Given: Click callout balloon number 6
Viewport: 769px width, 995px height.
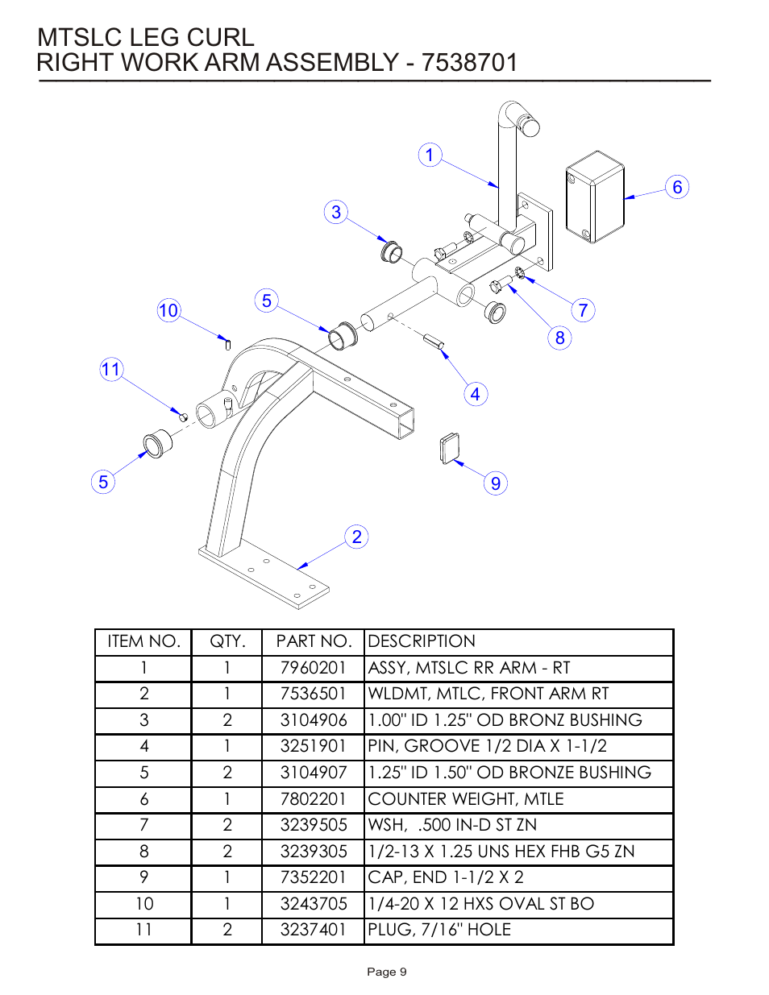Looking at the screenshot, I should tap(677, 187).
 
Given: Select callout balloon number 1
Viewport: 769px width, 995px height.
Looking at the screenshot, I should tap(430, 155).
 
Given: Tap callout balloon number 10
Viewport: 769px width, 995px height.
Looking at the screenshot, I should tap(168, 310).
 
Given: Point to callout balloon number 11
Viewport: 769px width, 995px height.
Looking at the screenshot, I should tap(110, 370).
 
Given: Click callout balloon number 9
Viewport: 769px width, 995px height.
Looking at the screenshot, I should tap(496, 483).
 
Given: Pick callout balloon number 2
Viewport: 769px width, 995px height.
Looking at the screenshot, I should tap(356, 537).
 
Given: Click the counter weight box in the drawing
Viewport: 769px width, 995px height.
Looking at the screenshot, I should tap(595, 197).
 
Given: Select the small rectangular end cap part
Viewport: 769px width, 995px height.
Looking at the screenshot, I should tap(450, 448).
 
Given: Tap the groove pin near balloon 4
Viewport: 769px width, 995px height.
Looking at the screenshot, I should tap(434, 342).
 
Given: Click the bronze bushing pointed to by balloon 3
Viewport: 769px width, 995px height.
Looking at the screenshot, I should tap(391, 251).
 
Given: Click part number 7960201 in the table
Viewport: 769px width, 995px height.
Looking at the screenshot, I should tap(313, 668).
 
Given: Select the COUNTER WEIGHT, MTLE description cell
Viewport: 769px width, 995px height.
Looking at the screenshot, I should tap(465, 799).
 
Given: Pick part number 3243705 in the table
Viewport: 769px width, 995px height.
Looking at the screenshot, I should tap(313, 904).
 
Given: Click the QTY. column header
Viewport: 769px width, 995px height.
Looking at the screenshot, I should tap(227, 641).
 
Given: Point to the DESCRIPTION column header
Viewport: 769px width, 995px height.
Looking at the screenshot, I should tap(422, 641).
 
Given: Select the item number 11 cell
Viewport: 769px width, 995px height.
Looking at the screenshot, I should tap(143, 930).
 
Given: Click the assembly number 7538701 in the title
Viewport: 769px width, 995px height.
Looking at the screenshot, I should tap(469, 63).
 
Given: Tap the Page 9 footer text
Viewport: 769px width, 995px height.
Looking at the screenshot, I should tap(387, 972).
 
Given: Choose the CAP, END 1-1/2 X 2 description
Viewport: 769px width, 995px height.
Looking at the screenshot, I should tap(445, 877).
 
